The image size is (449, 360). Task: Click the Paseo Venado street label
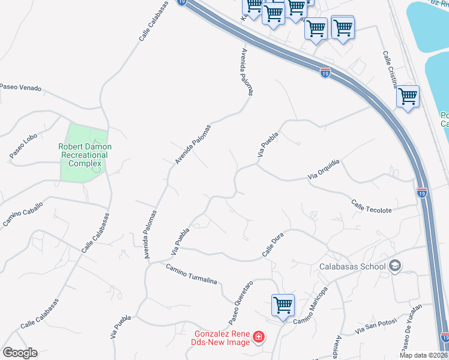[x=21, y=88]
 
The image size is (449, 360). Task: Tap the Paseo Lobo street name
[x=23, y=146]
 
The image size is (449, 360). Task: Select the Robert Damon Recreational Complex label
[x=85, y=155]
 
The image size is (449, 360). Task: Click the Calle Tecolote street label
[x=372, y=206]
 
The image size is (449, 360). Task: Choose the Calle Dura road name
[x=272, y=246]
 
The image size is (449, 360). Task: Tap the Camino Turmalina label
[x=191, y=274]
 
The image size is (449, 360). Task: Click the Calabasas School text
[x=354, y=266]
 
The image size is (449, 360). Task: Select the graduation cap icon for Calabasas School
[x=395, y=266]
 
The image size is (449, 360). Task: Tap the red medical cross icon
[x=258, y=338]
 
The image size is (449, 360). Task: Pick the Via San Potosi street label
[x=376, y=327]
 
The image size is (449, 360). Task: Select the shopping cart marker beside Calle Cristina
[x=408, y=96]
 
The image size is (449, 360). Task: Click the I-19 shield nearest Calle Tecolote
[x=421, y=193]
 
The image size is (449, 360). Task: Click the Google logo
[x=20, y=353]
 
